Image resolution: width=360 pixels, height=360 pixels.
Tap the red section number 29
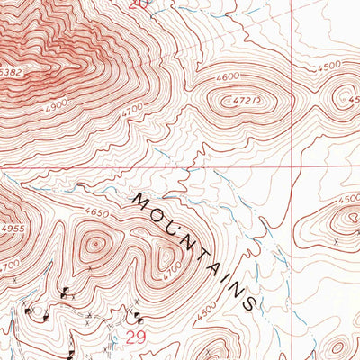coord(135,337)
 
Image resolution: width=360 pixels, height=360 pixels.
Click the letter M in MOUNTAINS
coord(141,200)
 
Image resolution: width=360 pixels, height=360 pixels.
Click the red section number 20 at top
coord(136,4)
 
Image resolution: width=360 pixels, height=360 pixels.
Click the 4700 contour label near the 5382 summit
coord(132,109)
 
